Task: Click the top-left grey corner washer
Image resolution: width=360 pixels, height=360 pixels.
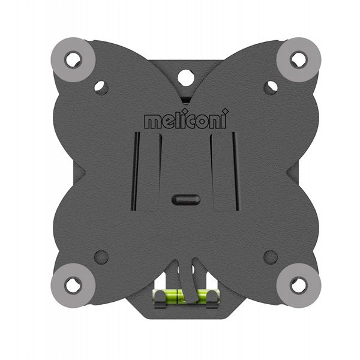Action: [x=73, y=59]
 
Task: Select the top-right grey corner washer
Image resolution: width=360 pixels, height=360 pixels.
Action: [x=298, y=59]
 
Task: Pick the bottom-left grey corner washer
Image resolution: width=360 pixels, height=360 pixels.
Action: [x=73, y=286]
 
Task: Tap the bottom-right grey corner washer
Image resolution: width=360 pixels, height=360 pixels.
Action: [x=298, y=286]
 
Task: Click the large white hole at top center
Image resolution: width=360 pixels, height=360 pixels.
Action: [x=186, y=78]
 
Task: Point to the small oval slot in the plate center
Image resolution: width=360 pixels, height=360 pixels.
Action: [x=185, y=200]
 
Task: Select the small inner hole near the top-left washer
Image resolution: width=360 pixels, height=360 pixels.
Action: [x=101, y=88]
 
